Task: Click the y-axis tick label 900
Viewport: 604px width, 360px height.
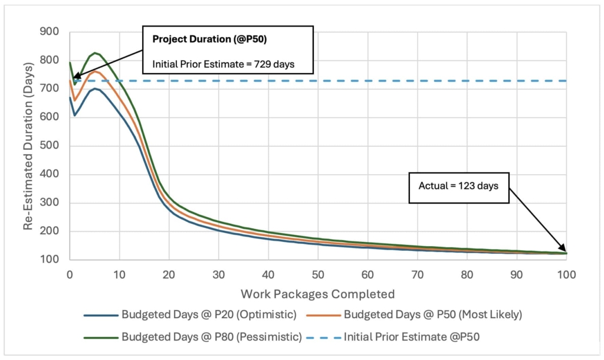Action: click(x=49, y=31)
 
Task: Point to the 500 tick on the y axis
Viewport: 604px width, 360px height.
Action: click(x=49, y=146)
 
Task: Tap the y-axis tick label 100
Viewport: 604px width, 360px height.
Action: click(x=49, y=260)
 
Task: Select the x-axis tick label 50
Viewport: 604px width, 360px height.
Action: click(x=318, y=274)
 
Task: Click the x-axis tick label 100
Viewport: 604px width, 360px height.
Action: click(x=566, y=274)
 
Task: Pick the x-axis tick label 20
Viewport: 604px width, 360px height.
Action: click(x=169, y=274)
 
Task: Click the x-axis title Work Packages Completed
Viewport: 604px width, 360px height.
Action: click(x=318, y=294)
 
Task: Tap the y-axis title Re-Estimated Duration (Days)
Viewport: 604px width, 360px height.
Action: click(x=28, y=145)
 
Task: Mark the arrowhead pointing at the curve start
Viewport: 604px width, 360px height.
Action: click(x=75, y=77)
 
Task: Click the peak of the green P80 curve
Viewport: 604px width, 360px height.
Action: click(x=95, y=53)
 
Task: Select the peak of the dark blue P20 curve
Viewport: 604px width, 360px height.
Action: click(x=95, y=89)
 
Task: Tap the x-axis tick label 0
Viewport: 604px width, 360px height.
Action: click(x=70, y=274)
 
